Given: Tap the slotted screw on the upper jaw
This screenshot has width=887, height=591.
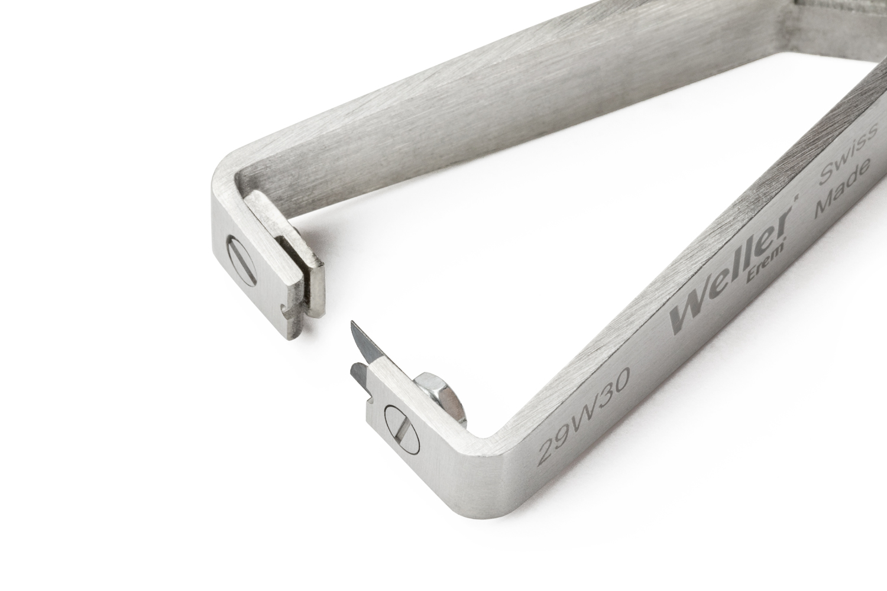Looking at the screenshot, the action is [x=242, y=259].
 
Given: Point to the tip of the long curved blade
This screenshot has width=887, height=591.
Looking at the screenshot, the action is [x=352, y=322].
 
